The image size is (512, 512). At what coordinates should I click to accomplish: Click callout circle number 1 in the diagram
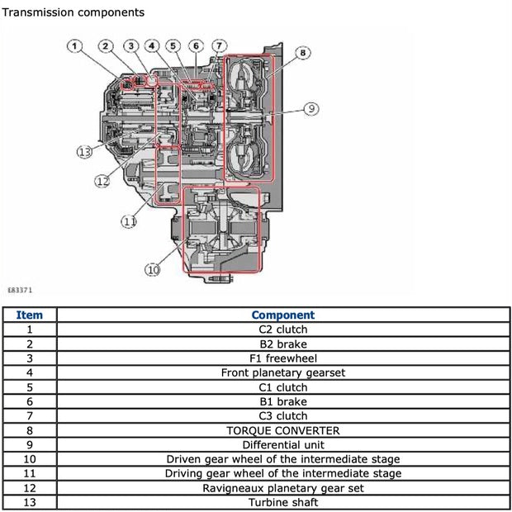pos(76,46)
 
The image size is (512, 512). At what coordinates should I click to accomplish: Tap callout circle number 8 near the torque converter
pos(303,53)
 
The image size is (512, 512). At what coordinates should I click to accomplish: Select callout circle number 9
pos(311,108)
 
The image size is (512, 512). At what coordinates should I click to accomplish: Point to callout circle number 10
pos(153,269)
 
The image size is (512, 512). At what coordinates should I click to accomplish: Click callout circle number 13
pos(83,151)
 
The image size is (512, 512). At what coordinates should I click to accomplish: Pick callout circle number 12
pos(102,181)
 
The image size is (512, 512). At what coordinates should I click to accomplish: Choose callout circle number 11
pos(129,220)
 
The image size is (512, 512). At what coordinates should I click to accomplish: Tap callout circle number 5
pos(172,46)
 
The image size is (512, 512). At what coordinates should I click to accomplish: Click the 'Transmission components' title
pos(73,12)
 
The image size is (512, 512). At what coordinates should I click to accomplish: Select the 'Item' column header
pos(30,315)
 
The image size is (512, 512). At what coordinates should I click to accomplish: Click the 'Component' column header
pos(282,315)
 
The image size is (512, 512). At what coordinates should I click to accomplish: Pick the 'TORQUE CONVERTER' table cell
pos(282,430)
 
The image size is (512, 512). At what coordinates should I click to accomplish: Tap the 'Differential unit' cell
pos(282,444)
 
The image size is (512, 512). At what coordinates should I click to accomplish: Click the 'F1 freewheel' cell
pos(282,358)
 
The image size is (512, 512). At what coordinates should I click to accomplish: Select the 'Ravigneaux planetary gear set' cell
pos(282,487)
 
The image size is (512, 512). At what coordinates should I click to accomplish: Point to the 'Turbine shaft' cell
pos(282,502)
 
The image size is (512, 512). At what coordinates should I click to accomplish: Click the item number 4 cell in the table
pos(30,372)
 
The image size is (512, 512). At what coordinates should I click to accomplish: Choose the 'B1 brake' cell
pos(282,401)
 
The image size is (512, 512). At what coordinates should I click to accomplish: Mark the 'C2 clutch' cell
pos(282,329)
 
